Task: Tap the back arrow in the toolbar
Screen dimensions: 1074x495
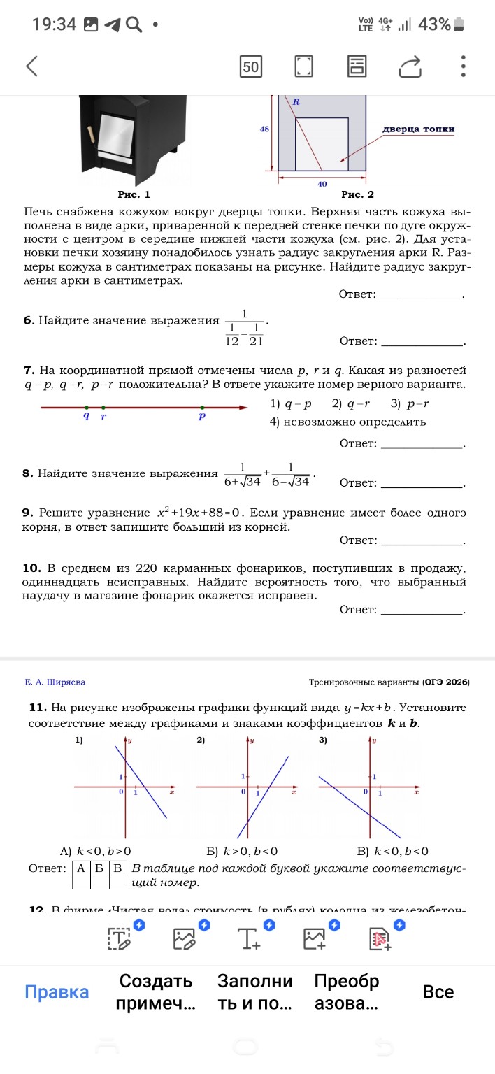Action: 31,66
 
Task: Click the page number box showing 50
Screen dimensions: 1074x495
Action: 250,67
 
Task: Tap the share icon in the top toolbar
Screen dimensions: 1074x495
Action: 411,66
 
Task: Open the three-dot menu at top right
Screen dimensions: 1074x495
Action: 463,66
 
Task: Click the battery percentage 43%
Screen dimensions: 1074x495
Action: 433,24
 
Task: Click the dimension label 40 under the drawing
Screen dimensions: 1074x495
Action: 322,184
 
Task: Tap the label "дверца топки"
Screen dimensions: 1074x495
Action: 419,129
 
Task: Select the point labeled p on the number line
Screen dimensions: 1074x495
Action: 202,407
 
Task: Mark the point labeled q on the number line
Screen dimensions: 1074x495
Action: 86,407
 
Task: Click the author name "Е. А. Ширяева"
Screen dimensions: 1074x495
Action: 55,682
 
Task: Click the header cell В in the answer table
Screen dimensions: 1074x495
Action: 118,868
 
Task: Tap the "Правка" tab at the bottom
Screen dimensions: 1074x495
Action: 57,992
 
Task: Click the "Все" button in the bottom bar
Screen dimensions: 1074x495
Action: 438,992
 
